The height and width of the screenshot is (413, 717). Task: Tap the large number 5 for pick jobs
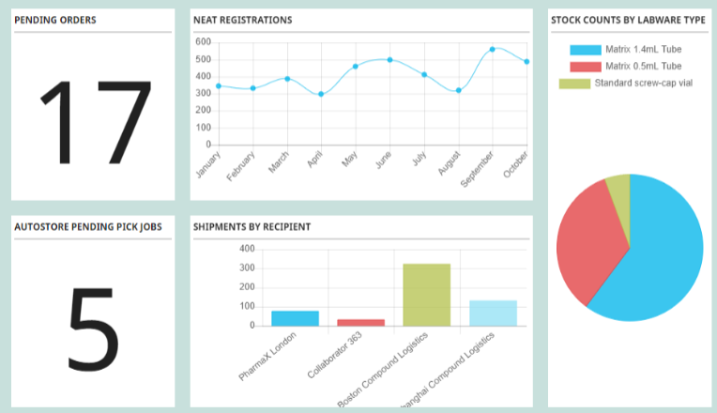(93, 327)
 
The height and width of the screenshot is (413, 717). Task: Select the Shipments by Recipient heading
(252, 226)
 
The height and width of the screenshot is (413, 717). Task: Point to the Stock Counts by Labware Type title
(628, 20)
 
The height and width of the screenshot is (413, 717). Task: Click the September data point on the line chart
(492, 49)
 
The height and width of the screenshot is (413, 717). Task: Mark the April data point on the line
(321, 94)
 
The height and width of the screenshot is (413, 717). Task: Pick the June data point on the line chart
(389, 59)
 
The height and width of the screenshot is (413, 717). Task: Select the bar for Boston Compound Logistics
(426, 295)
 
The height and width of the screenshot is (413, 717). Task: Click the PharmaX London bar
(295, 318)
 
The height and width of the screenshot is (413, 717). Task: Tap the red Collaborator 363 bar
(360, 322)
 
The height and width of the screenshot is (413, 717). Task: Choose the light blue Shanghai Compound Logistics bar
(493, 313)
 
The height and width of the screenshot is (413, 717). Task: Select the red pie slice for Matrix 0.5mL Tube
(587, 244)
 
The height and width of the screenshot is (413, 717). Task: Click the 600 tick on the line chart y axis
(203, 42)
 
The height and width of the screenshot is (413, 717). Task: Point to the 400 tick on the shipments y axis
(247, 249)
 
